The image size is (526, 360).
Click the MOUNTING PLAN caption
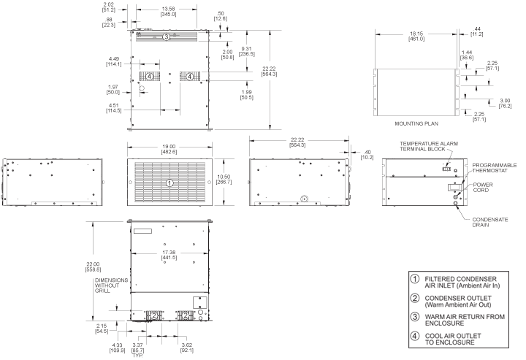click(416, 123)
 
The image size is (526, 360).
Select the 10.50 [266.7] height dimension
click(224, 180)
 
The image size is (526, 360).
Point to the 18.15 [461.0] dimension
click(416, 37)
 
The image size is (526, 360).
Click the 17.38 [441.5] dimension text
click(169, 255)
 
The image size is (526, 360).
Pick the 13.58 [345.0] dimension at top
click(168, 12)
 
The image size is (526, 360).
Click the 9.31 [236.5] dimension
click(247, 51)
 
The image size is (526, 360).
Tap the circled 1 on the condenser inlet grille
click(169, 183)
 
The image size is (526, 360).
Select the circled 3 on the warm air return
click(167, 37)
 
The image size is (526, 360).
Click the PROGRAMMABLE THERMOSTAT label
click(495, 168)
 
